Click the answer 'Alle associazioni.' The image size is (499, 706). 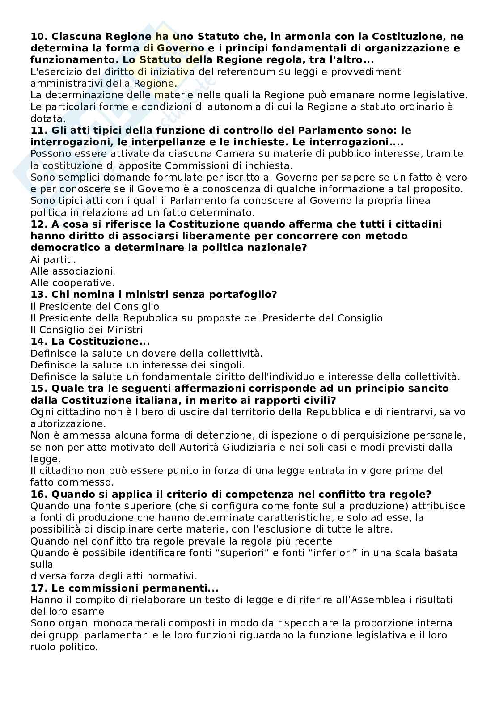click(x=72, y=271)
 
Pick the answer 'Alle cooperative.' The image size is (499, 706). click(x=72, y=283)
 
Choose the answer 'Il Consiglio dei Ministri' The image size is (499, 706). click(x=86, y=330)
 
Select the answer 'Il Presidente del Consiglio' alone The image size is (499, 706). click(x=94, y=306)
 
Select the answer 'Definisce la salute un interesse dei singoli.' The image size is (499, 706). click(x=137, y=365)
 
